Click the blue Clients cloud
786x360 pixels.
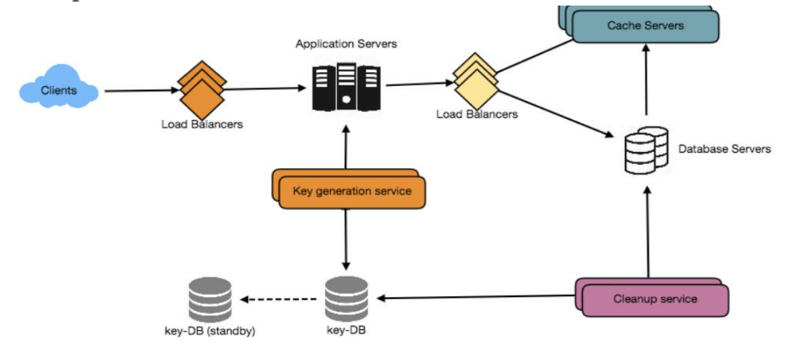59,90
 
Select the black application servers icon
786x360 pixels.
345,87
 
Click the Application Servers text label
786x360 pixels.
346,44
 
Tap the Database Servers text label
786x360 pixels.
724,148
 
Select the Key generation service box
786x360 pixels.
352,191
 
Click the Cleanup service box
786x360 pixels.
655,299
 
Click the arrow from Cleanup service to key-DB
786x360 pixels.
476,298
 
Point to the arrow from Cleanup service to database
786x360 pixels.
648,231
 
